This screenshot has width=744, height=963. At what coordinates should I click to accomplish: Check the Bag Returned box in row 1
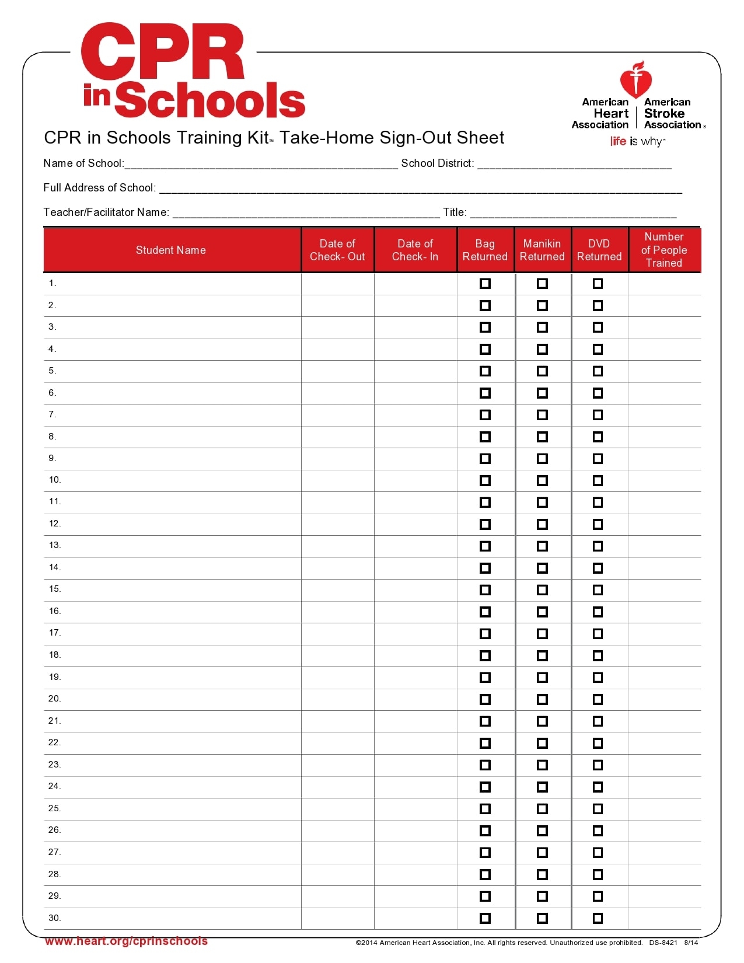click(485, 284)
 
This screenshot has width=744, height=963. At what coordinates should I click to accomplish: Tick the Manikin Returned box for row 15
click(542, 590)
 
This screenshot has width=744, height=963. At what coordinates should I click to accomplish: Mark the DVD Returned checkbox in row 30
click(598, 918)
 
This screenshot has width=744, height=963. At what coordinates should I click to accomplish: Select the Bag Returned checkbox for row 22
click(485, 743)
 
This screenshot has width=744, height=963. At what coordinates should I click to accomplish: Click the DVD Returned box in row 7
click(598, 415)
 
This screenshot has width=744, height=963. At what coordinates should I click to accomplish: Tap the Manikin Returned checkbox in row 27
click(542, 853)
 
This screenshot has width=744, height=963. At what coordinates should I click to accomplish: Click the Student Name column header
click(171, 250)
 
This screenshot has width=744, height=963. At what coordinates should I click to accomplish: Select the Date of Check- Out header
click(337, 250)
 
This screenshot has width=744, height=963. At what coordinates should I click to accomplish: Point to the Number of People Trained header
click(664, 250)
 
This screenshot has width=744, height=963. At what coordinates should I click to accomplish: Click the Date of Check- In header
click(415, 250)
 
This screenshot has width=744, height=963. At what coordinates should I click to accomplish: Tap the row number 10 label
click(55, 480)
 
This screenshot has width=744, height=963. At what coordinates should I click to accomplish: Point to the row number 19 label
click(55, 677)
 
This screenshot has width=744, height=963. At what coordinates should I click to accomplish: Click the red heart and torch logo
click(636, 79)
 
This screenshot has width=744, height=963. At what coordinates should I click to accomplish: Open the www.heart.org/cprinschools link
click(126, 941)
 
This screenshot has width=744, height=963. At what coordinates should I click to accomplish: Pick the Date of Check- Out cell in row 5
click(337, 371)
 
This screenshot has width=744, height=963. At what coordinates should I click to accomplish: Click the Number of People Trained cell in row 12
click(664, 524)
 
